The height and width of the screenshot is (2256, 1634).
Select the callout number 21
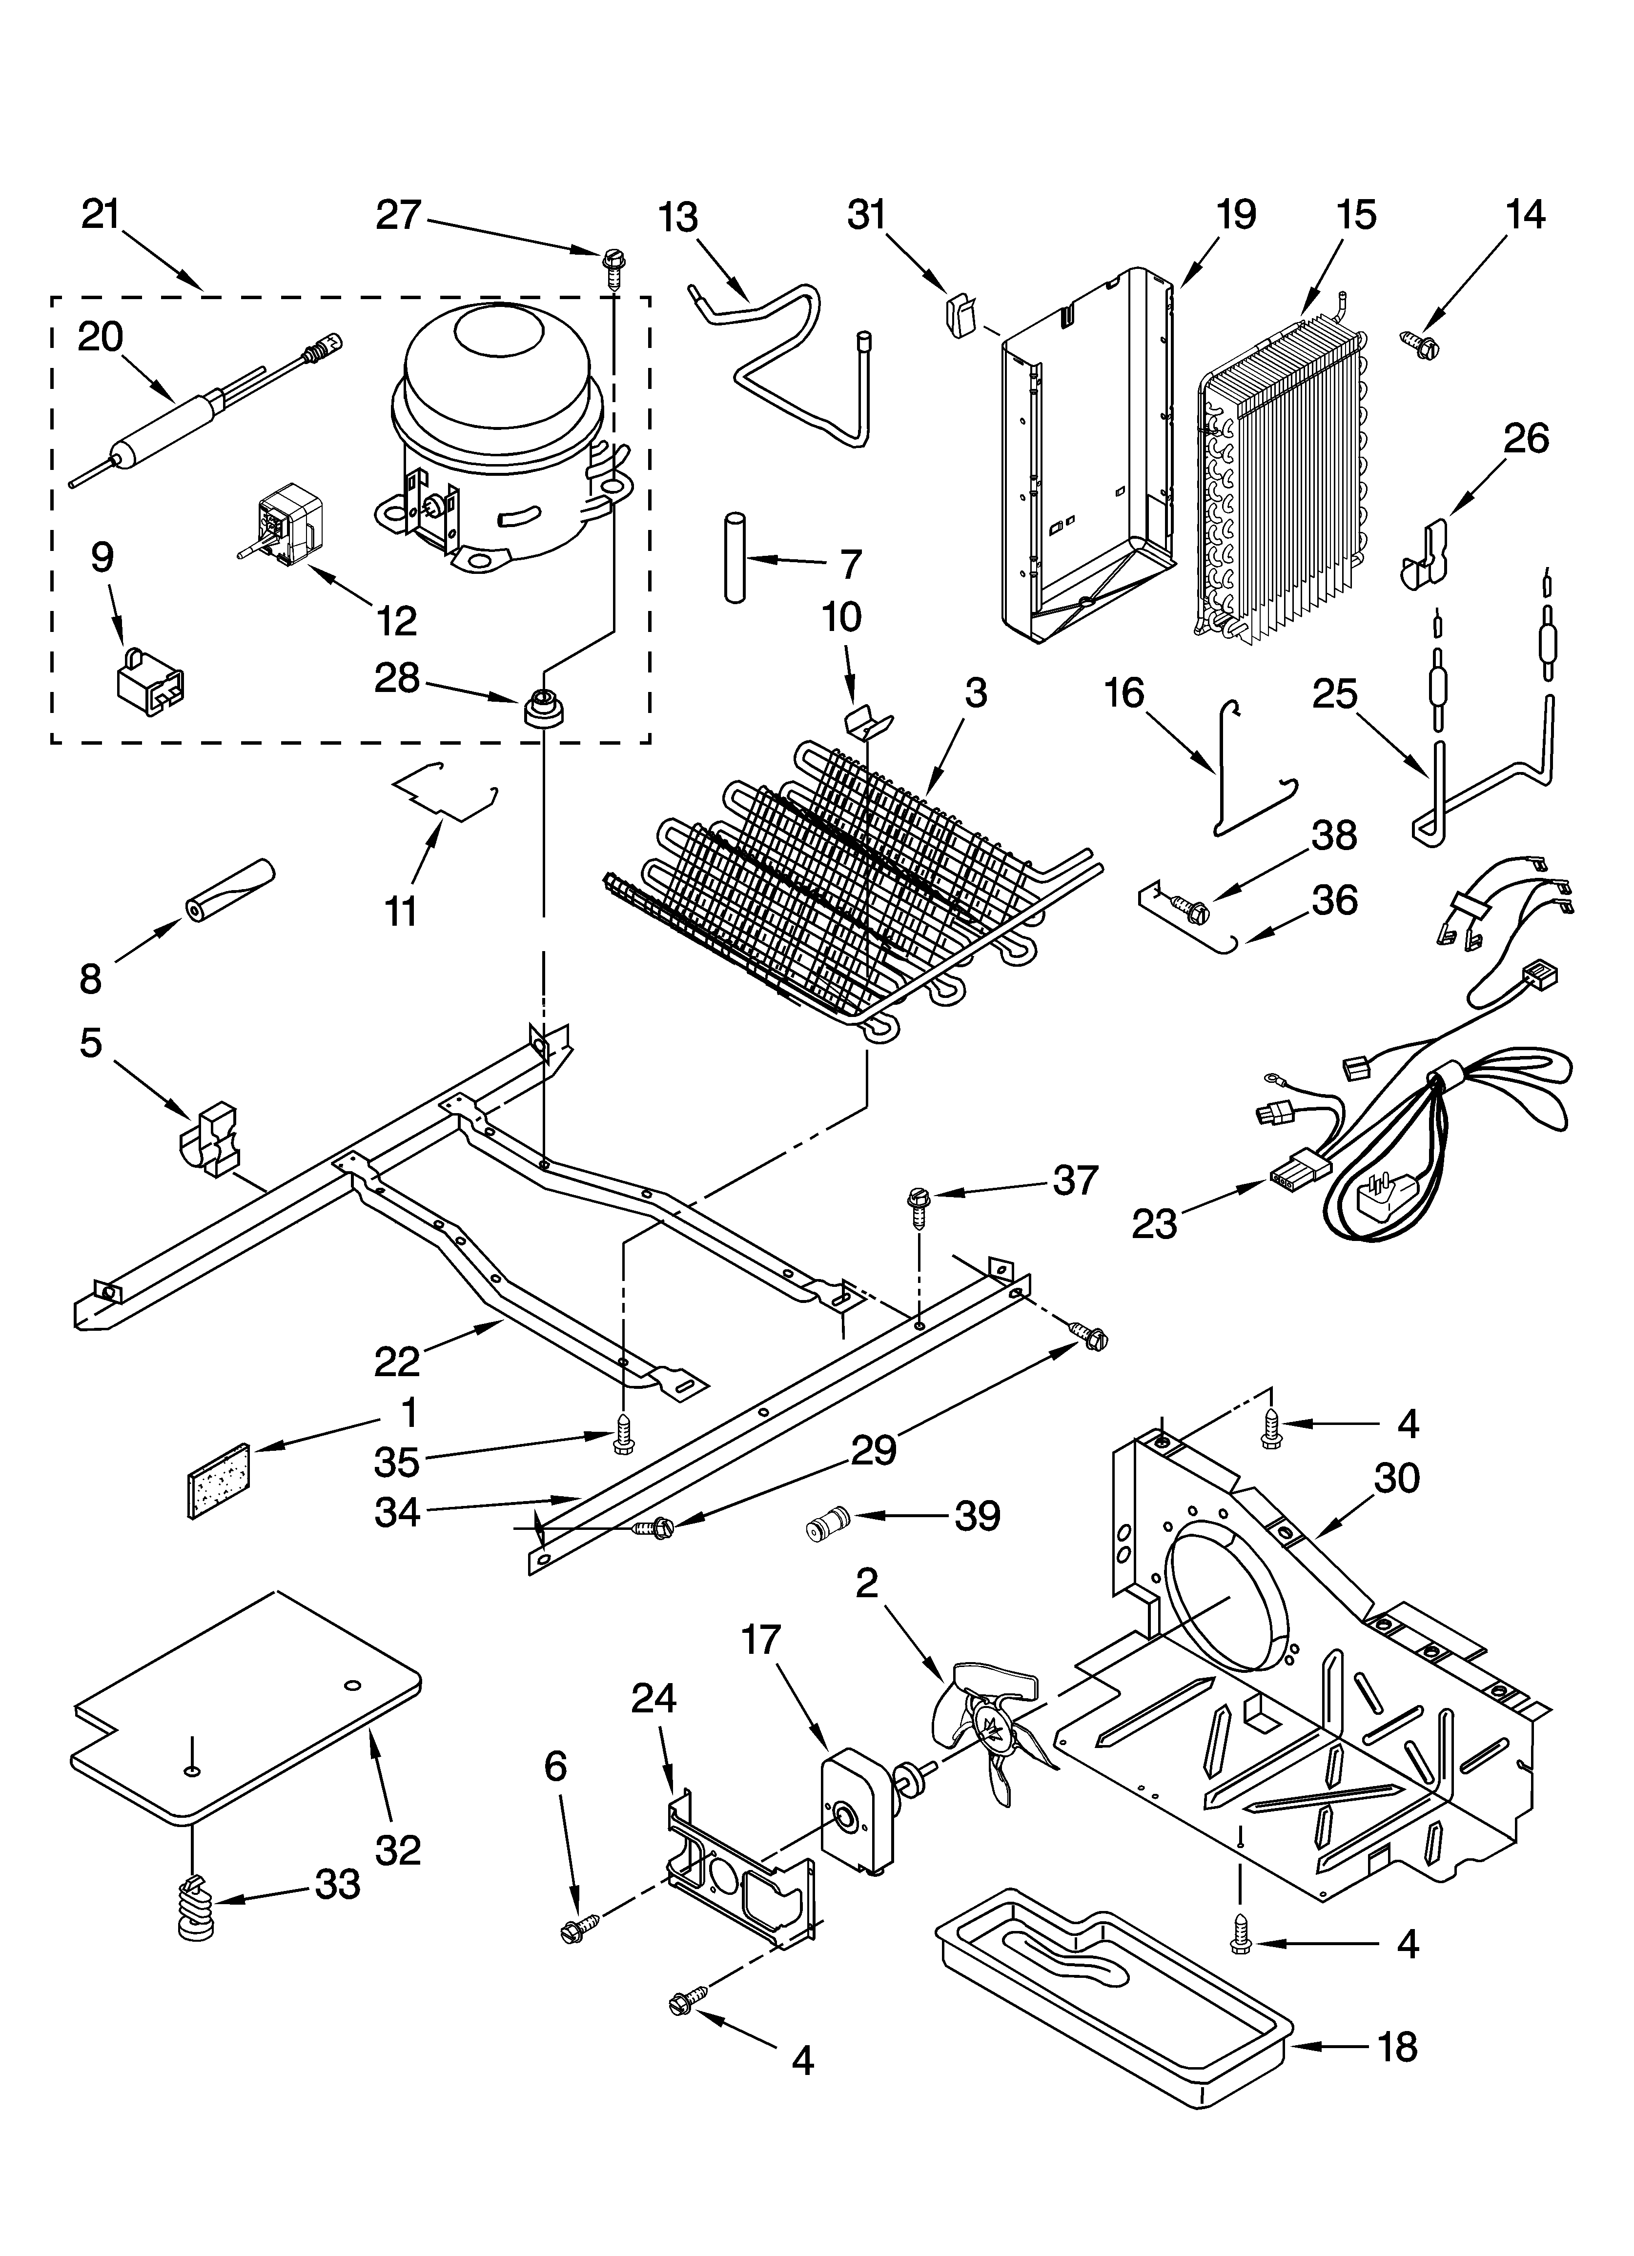tap(101, 215)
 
